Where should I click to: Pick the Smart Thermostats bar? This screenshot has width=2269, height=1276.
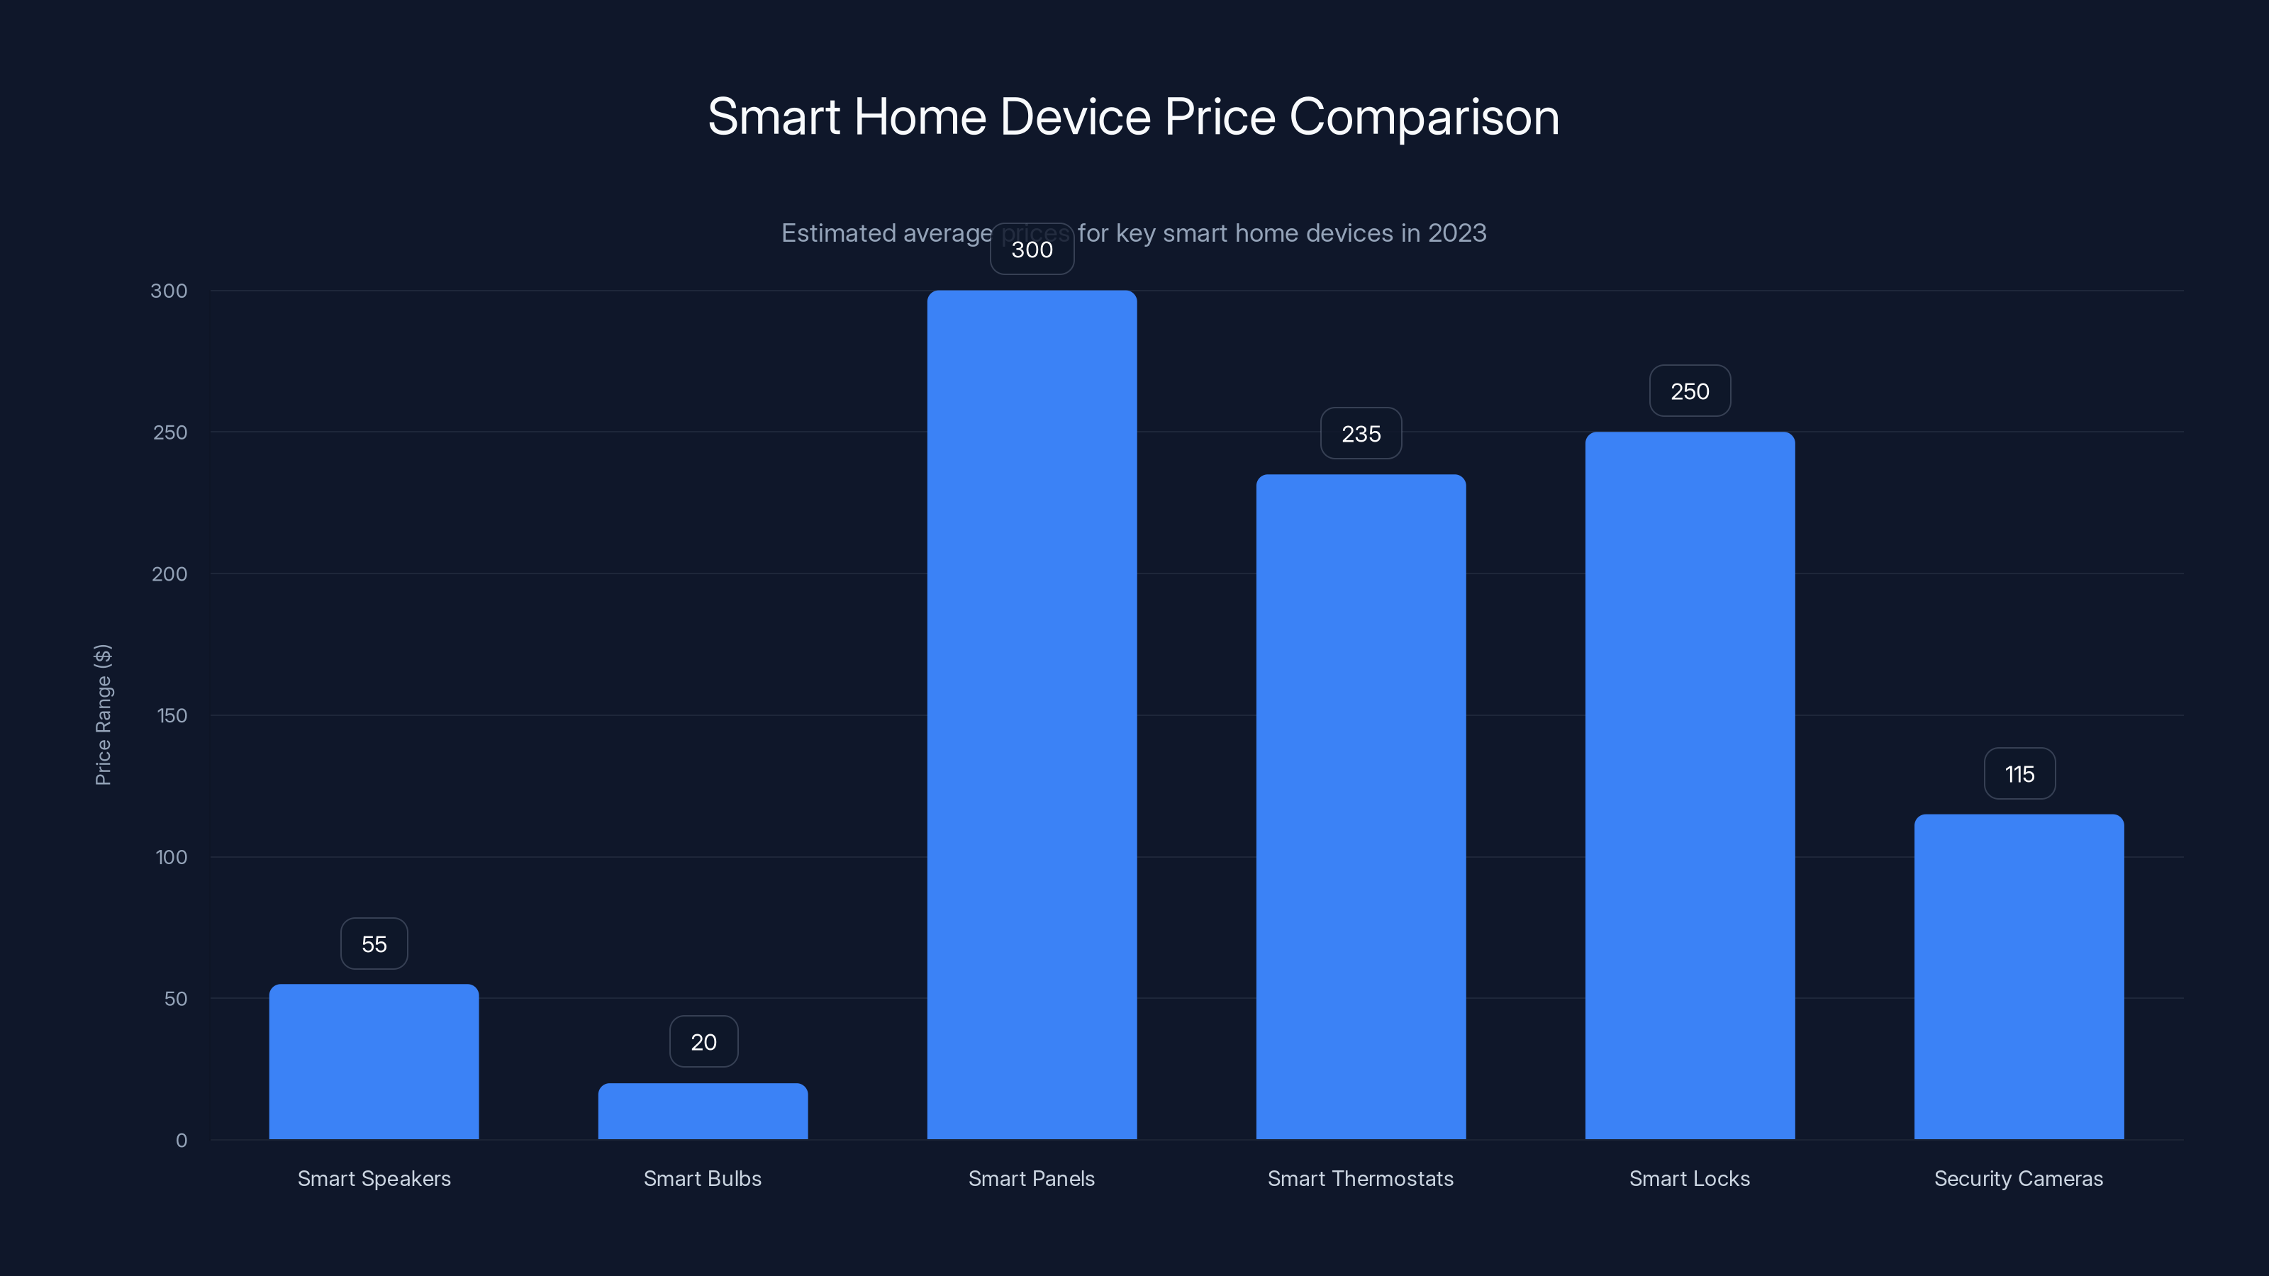pos(1361,807)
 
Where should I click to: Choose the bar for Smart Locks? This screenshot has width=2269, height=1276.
pos(1690,785)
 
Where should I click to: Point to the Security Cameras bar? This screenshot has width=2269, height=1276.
pos(2019,977)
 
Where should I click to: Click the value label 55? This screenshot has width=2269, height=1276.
pos(374,944)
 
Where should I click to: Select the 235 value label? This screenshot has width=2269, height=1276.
pos(1361,433)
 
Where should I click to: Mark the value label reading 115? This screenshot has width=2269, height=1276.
pos(2019,774)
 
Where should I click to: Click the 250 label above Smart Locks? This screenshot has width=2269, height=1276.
pos(1690,391)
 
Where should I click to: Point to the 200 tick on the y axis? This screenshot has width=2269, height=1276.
pos(169,574)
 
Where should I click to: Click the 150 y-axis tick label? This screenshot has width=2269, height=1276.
pos(172,716)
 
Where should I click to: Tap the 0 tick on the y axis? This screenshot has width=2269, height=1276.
pos(182,1141)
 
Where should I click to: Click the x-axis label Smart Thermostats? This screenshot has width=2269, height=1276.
pos(1360,1178)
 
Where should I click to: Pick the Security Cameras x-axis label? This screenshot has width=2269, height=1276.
pos(2018,1178)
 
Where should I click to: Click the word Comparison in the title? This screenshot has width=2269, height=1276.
pos(1423,117)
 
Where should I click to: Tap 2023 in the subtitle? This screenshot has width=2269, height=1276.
pos(1457,233)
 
